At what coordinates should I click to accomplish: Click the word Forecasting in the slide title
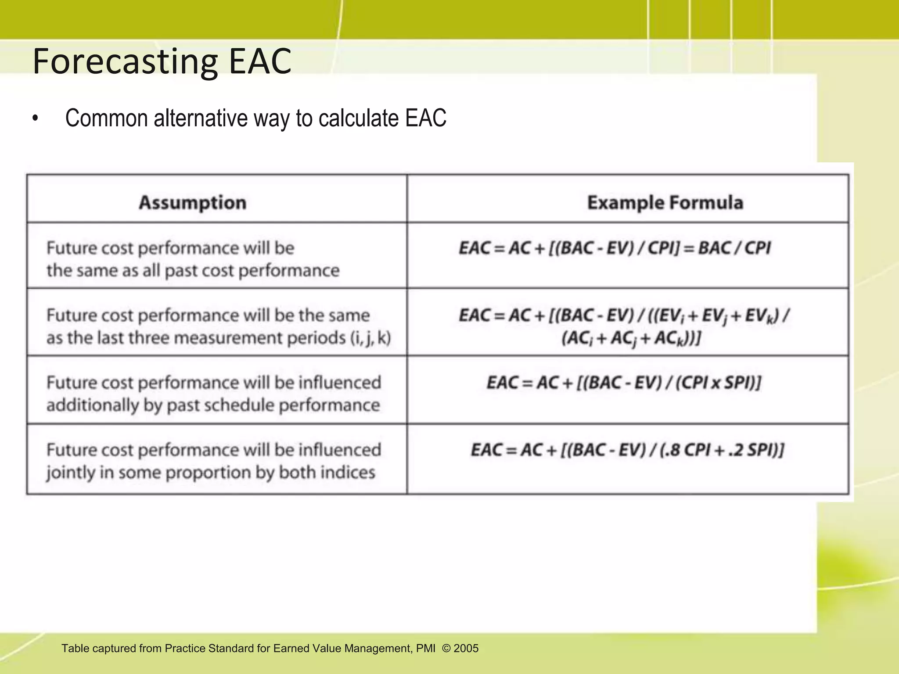(x=125, y=61)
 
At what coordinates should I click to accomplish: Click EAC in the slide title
(x=260, y=61)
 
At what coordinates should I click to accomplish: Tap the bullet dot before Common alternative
(x=35, y=119)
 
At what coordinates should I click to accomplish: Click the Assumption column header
(x=192, y=203)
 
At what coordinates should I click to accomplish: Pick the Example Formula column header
(x=665, y=203)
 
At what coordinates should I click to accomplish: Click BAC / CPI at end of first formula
(x=734, y=248)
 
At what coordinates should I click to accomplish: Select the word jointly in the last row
(x=71, y=473)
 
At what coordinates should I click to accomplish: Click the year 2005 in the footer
(x=466, y=649)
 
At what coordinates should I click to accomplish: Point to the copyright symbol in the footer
(x=446, y=649)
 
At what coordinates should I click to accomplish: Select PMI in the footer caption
(x=426, y=649)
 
